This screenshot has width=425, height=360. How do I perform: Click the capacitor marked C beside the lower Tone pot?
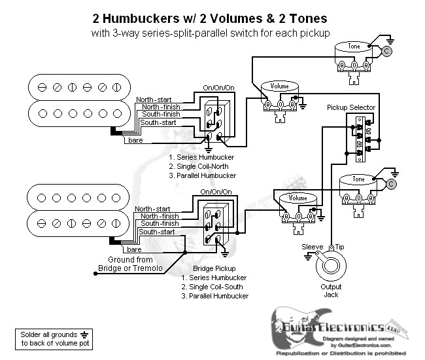pyautogui.click(x=391, y=185)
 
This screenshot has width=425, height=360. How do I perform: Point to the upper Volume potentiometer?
pyautogui.click(x=279, y=92)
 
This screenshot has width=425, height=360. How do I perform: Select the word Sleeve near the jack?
pyautogui.click(x=312, y=246)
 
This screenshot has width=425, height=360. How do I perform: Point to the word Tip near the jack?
pyautogui.click(x=341, y=246)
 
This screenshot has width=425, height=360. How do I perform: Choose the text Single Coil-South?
pyautogui.click(x=215, y=287)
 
